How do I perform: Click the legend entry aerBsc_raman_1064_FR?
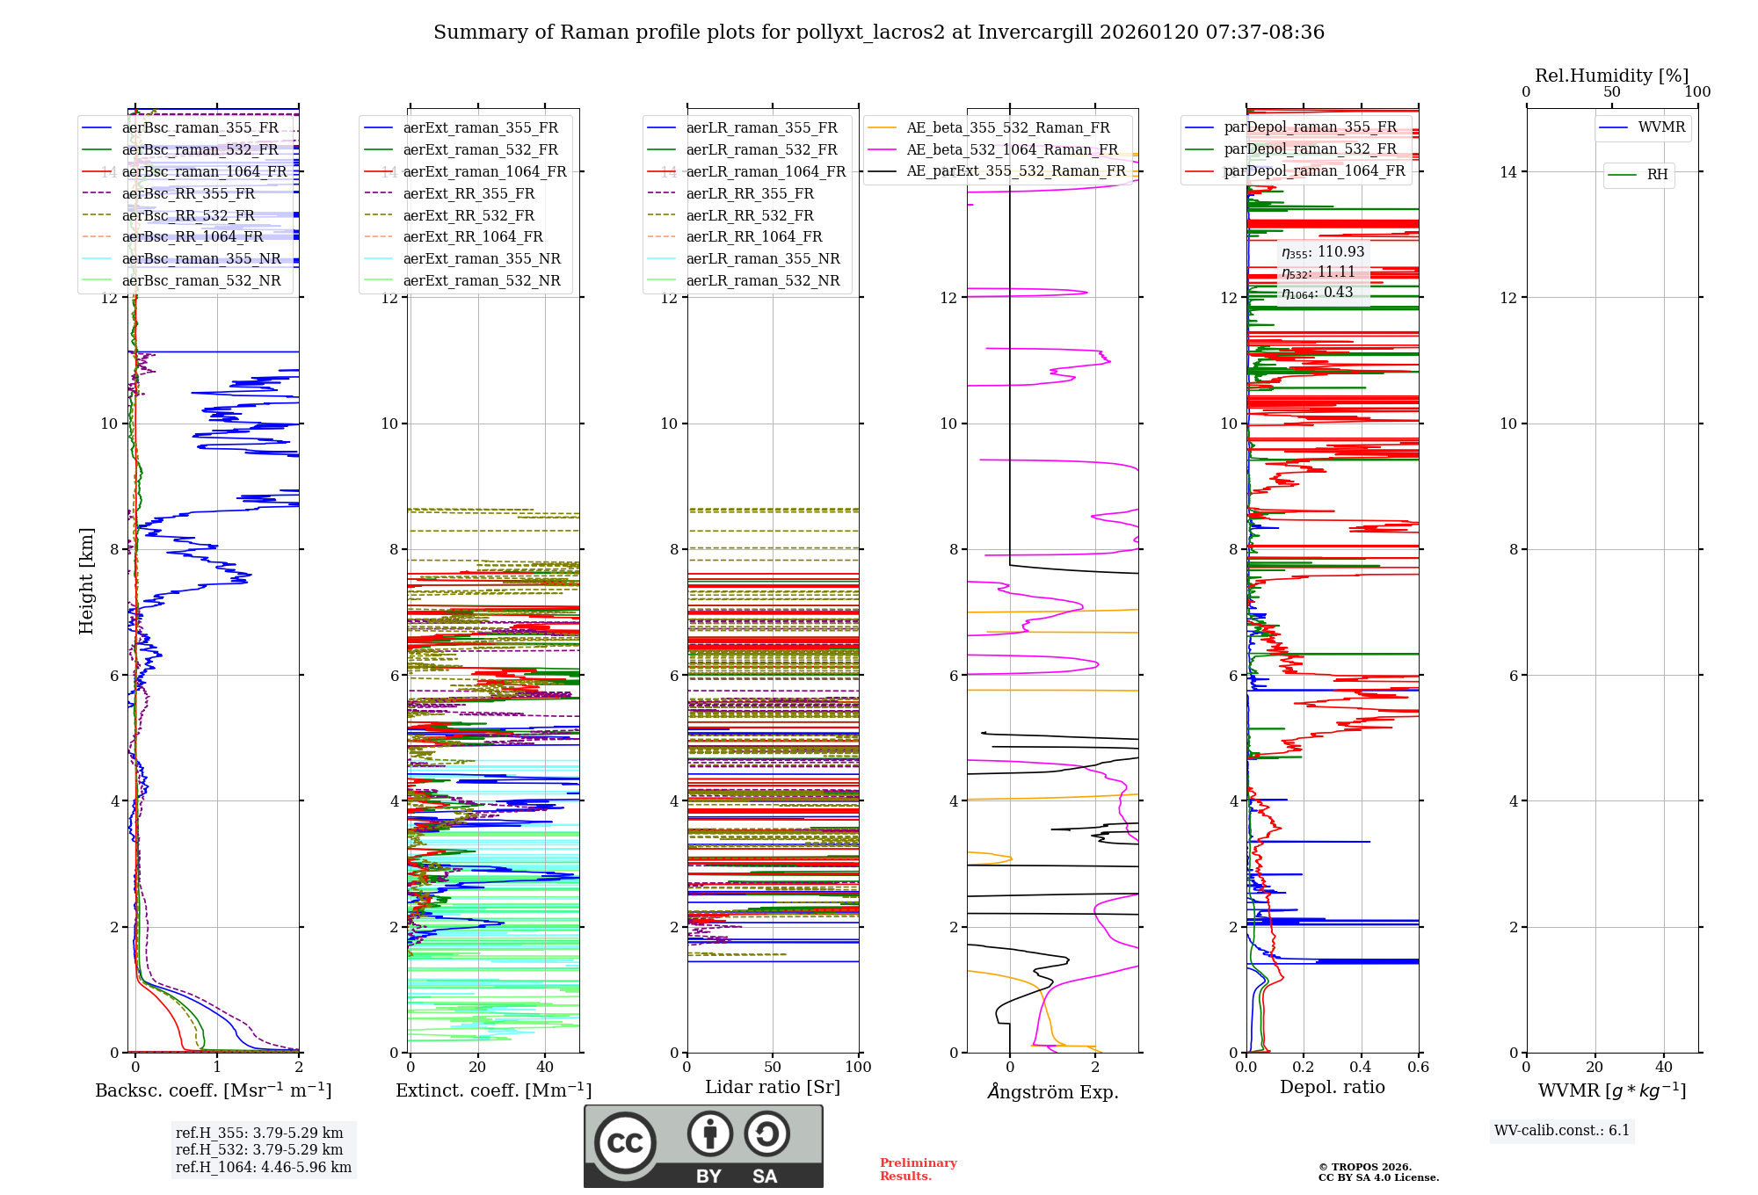point(204,172)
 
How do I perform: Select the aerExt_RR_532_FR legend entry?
point(468,215)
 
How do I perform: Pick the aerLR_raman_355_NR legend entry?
point(762,259)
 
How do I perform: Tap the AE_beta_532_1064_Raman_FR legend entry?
point(1012,150)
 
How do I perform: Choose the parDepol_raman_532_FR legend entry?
point(1310,149)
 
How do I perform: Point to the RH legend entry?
point(1657,175)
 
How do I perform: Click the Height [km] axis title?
point(86,581)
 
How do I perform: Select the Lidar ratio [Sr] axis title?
point(773,1088)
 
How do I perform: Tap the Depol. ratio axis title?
point(1332,1088)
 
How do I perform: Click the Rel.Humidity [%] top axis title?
point(1611,76)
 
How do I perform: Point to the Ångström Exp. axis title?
point(1052,1092)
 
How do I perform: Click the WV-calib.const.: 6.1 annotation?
point(1562,1131)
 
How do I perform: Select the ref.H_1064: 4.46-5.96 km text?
point(263,1168)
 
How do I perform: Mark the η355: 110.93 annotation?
point(1322,253)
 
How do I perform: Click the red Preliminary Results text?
point(918,1170)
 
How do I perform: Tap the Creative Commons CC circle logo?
point(625,1143)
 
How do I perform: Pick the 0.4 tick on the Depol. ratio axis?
point(1361,1068)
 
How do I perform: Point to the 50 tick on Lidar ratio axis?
point(773,1068)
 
